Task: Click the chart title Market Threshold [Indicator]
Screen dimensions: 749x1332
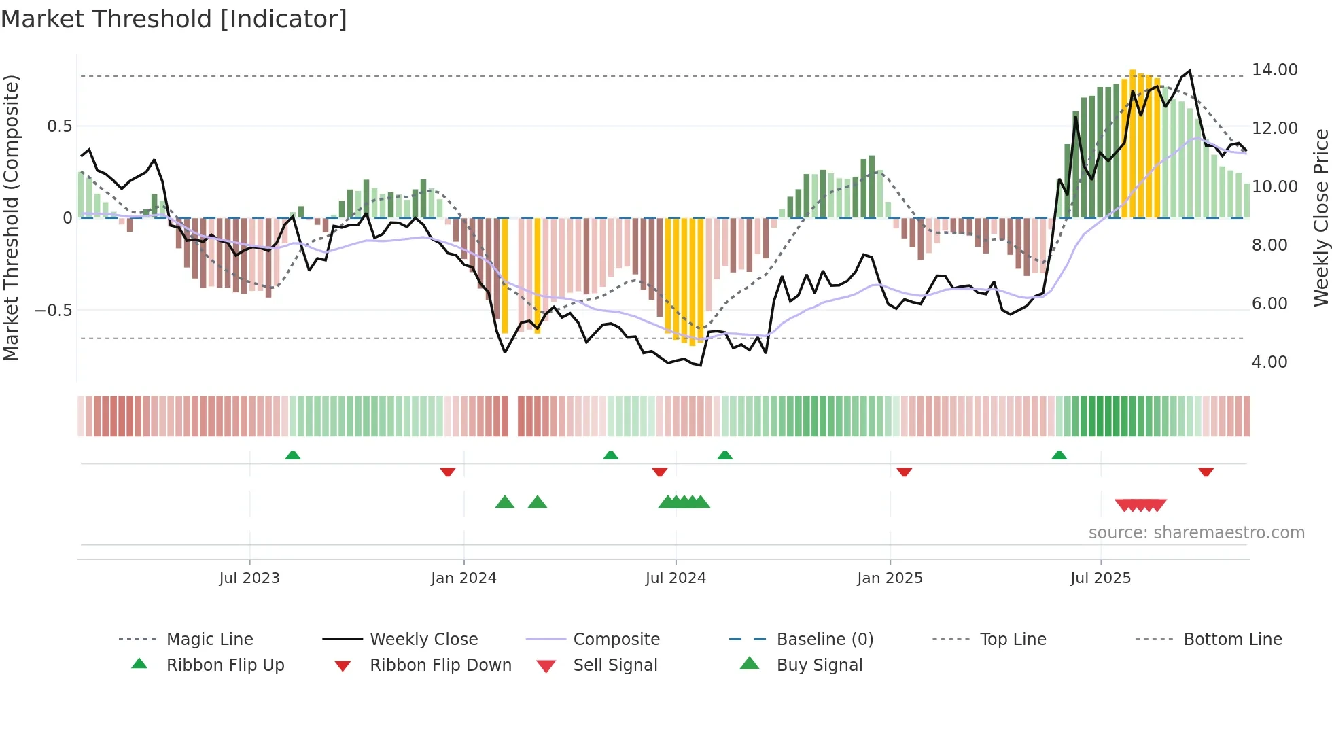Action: [x=174, y=19]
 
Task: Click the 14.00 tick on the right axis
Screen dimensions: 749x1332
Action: [x=1274, y=70]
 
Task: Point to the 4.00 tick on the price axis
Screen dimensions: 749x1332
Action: [x=1269, y=362]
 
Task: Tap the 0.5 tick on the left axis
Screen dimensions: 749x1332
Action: [x=59, y=126]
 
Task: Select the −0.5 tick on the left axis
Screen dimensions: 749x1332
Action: [x=53, y=311]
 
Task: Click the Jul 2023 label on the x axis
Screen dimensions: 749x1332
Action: [x=249, y=578]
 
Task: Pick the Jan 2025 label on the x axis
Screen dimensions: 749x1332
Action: [x=890, y=578]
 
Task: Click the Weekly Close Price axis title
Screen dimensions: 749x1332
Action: [x=1320, y=217]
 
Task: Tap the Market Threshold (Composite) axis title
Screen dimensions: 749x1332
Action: [x=11, y=217]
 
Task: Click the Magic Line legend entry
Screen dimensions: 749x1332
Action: [x=209, y=640]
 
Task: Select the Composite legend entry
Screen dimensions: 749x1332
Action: [x=616, y=640]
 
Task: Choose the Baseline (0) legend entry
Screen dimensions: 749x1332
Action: [x=824, y=640]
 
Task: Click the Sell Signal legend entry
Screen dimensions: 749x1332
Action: [x=614, y=665]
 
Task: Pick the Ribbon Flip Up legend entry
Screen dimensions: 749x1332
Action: [x=225, y=665]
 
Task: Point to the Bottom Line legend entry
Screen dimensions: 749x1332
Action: [x=1232, y=640]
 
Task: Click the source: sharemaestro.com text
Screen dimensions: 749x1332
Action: [x=1196, y=533]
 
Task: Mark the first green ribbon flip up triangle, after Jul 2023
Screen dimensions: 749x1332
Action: [x=293, y=455]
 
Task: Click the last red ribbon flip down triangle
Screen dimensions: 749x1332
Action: [x=1206, y=472]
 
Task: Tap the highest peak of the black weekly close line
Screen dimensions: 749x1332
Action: [x=1189, y=71]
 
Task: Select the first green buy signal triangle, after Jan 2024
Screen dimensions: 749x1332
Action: [x=505, y=502]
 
